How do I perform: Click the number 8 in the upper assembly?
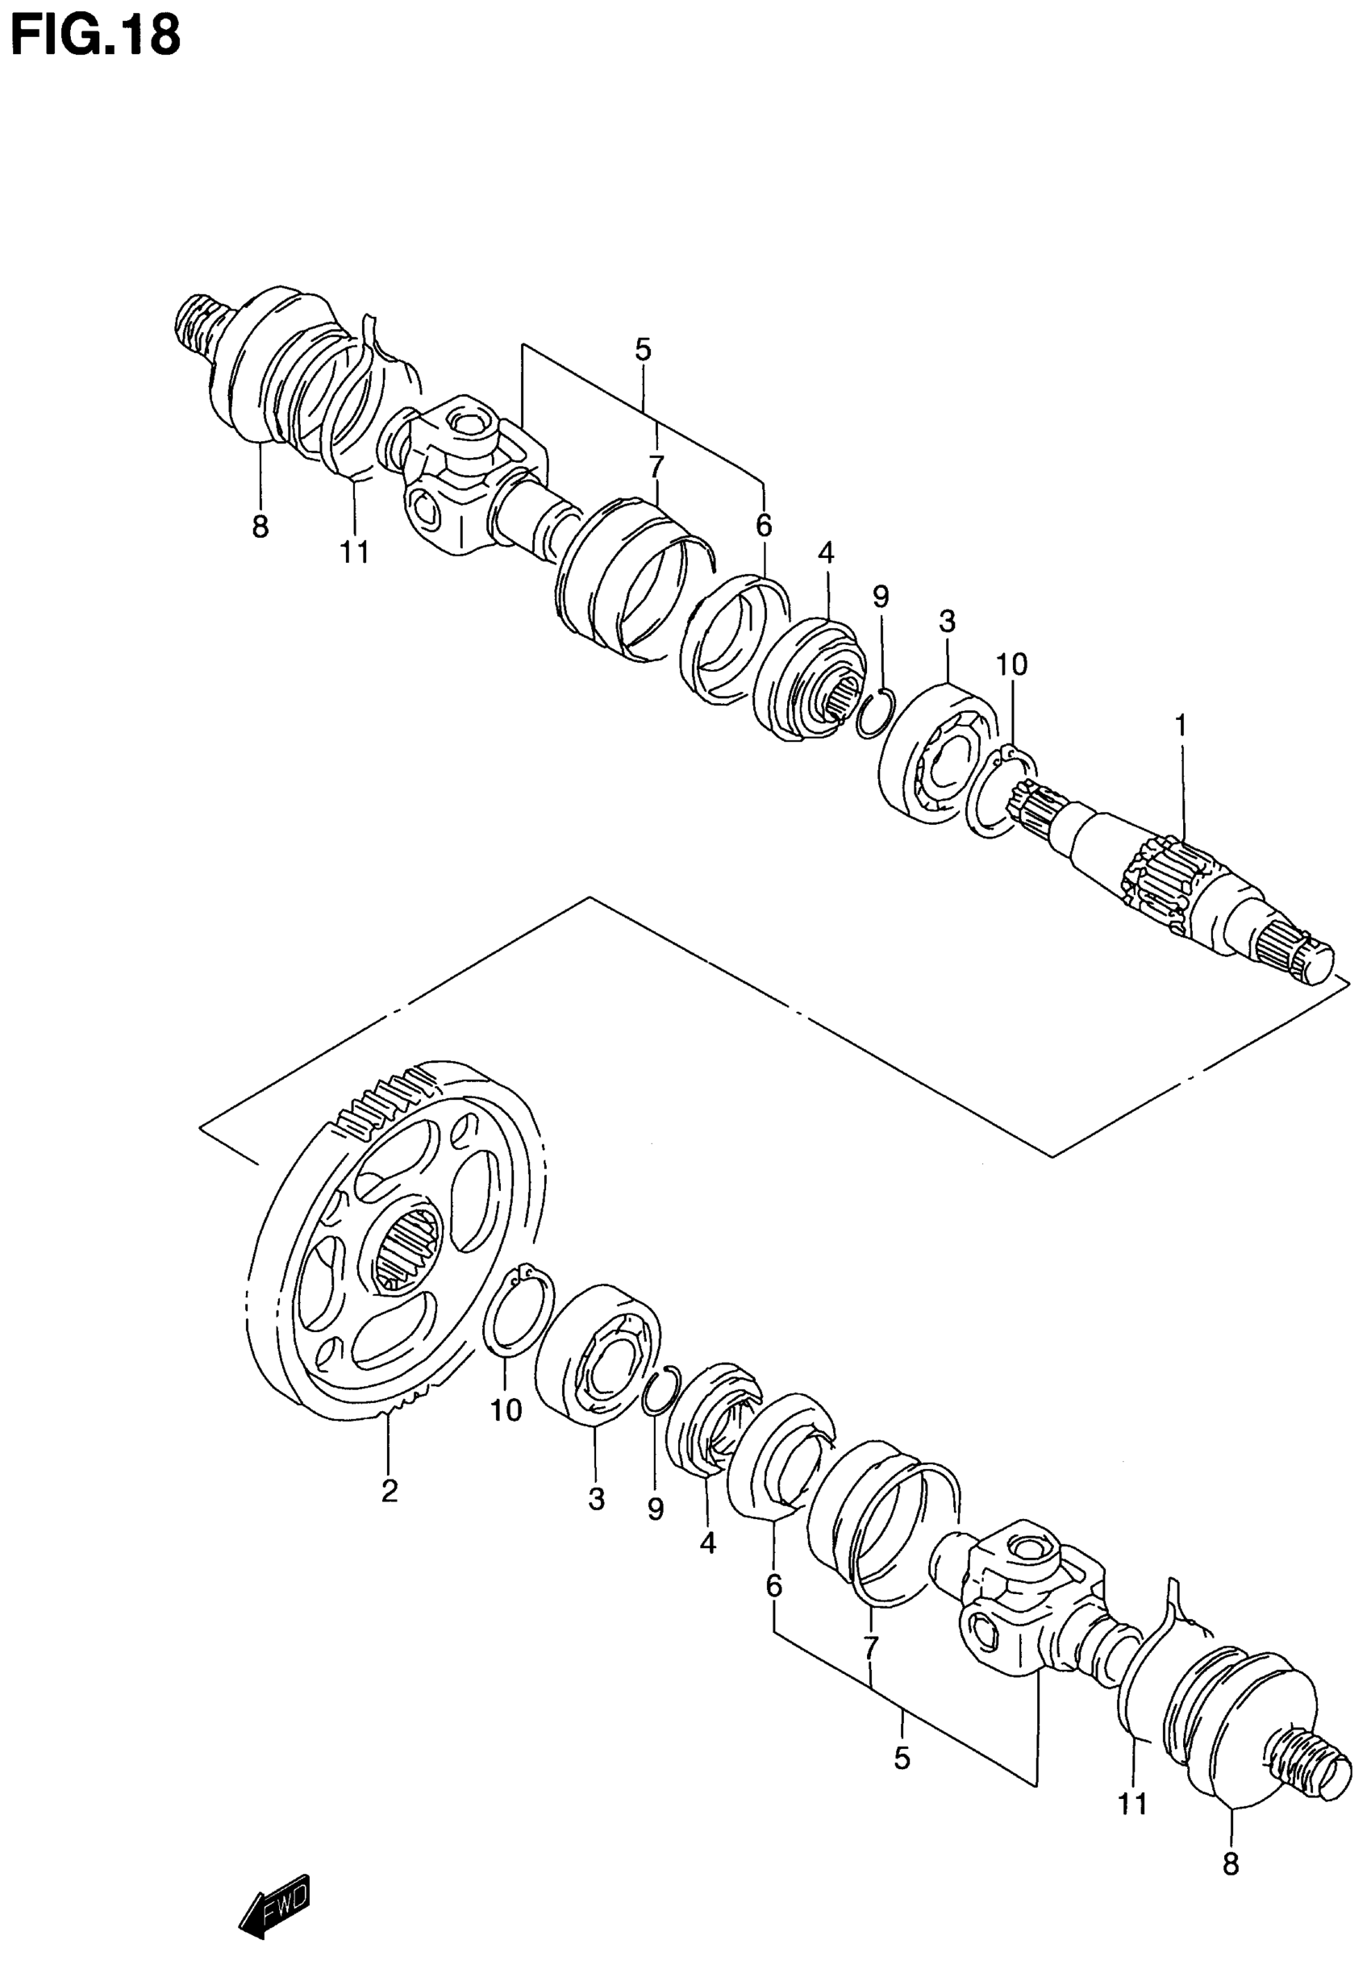coord(260,527)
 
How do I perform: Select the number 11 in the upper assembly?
coord(354,553)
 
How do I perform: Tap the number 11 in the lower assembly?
coord(1132,1803)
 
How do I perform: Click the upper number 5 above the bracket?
coord(643,350)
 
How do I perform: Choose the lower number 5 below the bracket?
coord(901,1758)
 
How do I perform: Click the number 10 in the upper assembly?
coord(1011,664)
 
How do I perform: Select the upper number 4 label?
coord(825,552)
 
